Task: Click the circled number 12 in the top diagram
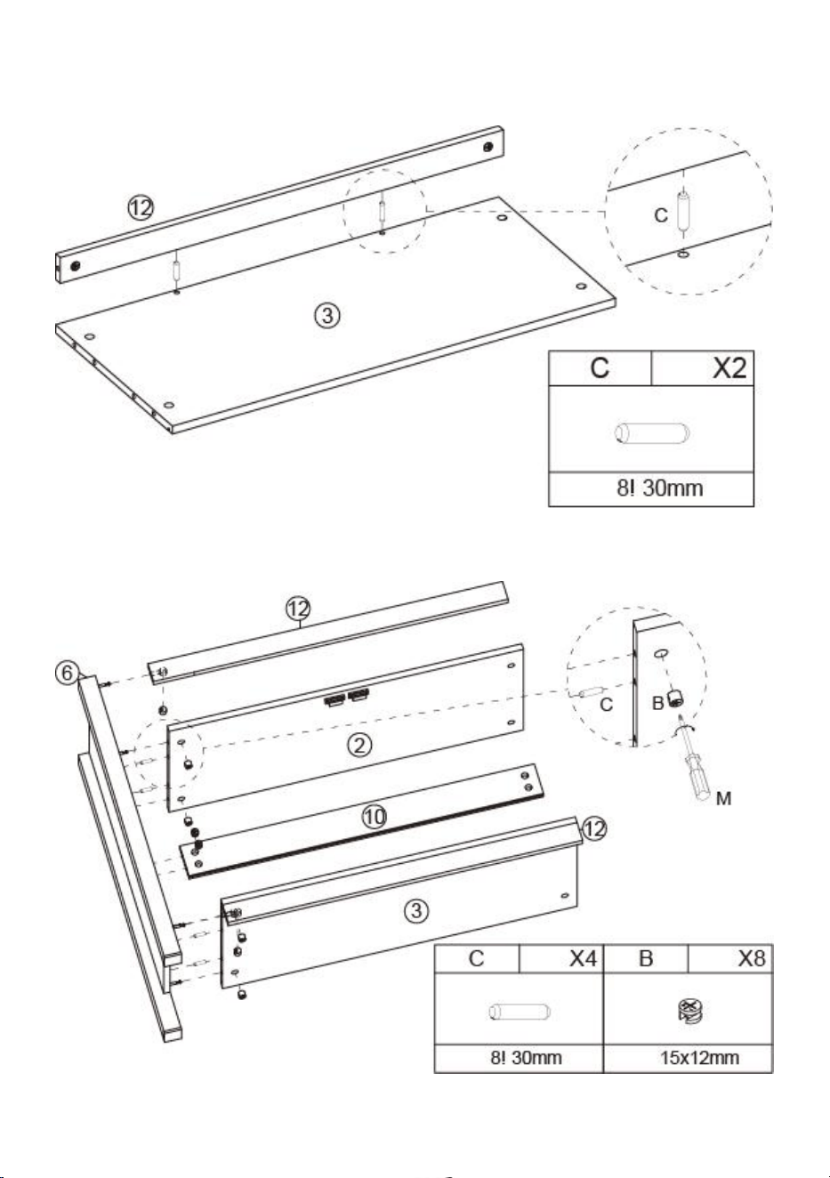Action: point(141,208)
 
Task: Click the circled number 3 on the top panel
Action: point(327,316)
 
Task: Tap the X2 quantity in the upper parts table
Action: point(729,367)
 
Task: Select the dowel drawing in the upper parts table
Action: point(652,434)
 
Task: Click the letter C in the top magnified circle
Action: point(661,215)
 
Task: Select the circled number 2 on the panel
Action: point(359,745)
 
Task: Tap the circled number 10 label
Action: point(374,817)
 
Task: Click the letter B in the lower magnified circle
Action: point(657,703)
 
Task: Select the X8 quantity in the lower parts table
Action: point(752,958)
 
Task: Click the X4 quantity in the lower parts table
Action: point(583,958)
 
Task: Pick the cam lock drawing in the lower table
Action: point(690,1011)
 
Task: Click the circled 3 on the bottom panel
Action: point(416,910)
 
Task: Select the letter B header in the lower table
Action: point(645,958)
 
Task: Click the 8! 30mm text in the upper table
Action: point(659,488)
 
